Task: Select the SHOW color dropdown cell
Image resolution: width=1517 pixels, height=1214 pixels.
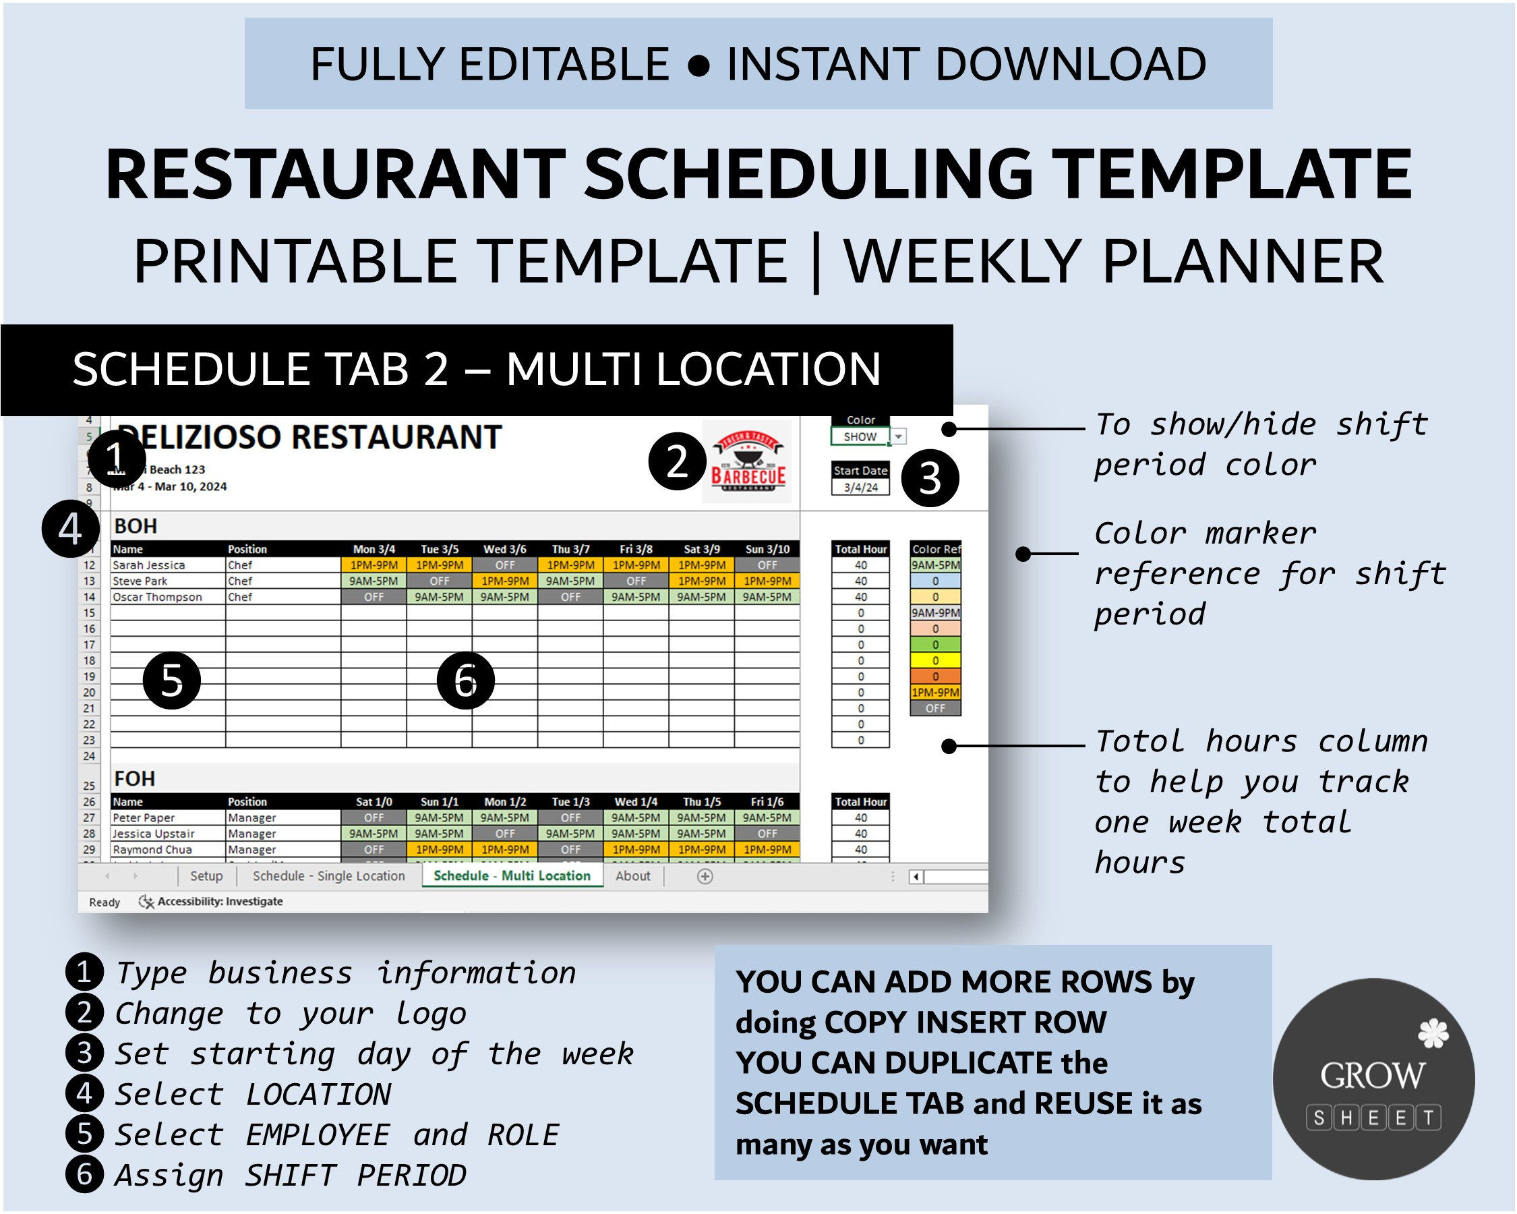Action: pos(860,437)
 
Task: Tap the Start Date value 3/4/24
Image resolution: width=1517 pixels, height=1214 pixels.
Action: pos(860,487)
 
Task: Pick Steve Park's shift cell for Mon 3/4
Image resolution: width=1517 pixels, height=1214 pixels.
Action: pos(374,581)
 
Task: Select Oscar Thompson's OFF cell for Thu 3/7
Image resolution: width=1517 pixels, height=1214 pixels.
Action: pos(570,597)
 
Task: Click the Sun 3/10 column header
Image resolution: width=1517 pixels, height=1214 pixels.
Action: pos(767,549)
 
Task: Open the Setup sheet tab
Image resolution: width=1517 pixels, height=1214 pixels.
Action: pos(206,876)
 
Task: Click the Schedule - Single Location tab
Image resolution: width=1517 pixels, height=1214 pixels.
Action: pos(328,876)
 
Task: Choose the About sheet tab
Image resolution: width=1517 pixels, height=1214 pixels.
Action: pos(632,876)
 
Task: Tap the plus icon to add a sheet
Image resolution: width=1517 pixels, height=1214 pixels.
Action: pos(705,876)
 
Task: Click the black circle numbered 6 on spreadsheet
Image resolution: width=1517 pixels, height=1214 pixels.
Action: pos(466,681)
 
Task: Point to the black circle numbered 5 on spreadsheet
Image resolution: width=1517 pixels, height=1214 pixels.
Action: pos(172,681)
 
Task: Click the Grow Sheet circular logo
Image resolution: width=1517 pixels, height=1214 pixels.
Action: pos(1373,1079)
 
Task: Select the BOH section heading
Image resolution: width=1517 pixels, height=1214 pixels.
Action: pos(136,527)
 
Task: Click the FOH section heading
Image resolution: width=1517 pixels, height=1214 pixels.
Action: pos(134,779)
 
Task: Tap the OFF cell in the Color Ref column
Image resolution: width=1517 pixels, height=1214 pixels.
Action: pos(935,709)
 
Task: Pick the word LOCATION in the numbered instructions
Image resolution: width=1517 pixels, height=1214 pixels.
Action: pos(318,1095)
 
